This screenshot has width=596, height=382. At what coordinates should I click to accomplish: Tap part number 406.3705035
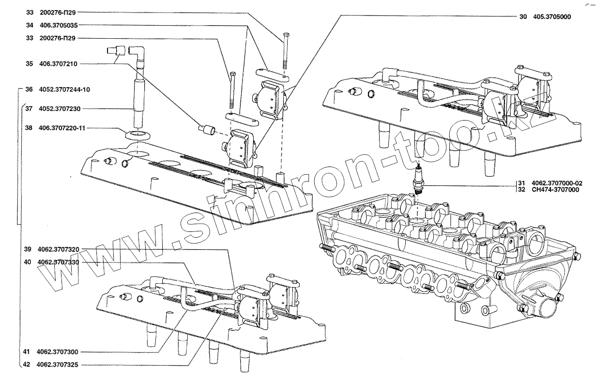tap(59, 25)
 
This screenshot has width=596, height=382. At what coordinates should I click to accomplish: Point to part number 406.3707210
tap(59, 63)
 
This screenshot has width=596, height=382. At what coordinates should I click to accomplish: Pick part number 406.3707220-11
tap(62, 129)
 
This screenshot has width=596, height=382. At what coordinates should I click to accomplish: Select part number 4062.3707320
tap(59, 249)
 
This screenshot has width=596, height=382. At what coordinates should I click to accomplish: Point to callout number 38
tap(29, 129)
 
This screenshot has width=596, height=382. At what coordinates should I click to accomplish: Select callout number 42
tap(27, 365)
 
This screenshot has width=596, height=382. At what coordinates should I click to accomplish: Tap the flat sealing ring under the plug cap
tap(137, 134)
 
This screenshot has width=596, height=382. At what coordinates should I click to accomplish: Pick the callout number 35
tap(29, 63)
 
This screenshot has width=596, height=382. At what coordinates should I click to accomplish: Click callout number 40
tap(27, 262)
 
